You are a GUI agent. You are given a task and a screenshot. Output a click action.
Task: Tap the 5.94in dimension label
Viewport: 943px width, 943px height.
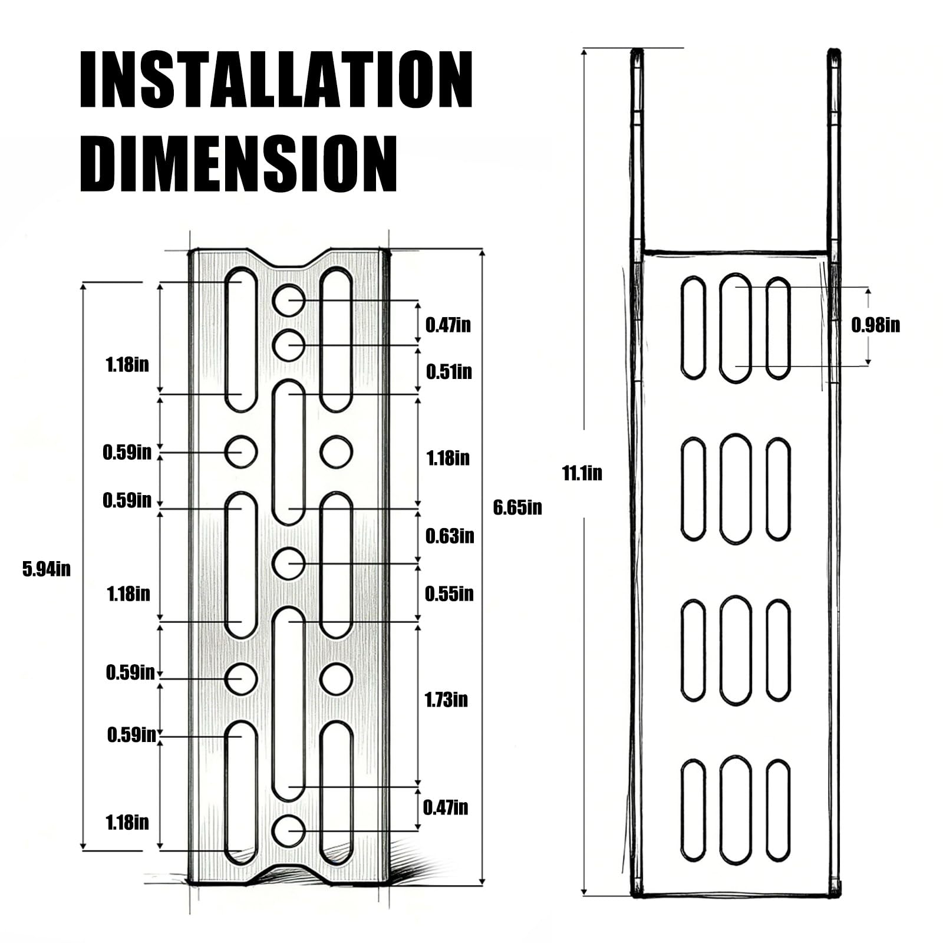[47, 569]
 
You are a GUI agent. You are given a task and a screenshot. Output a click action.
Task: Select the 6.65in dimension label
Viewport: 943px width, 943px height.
[517, 507]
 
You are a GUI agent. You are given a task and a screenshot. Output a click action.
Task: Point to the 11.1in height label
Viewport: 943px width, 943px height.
[582, 473]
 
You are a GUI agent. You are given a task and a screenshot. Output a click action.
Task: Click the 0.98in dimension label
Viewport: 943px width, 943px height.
[875, 325]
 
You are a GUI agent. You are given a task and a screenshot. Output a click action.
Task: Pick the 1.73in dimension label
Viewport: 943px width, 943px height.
[446, 700]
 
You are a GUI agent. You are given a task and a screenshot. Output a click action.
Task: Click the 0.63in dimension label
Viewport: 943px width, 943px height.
[449, 536]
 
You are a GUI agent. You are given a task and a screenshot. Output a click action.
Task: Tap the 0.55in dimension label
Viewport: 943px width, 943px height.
[449, 594]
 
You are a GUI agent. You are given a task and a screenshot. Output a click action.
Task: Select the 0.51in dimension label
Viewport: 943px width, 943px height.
[449, 372]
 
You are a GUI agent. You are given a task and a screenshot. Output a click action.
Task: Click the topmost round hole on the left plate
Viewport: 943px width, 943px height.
[289, 299]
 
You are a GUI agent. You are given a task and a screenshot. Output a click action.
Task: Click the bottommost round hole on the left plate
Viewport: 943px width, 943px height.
[289, 830]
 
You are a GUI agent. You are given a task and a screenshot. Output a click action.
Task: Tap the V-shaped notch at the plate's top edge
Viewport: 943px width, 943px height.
[289, 260]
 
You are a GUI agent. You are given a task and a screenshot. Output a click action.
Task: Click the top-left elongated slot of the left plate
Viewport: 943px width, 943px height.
[241, 339]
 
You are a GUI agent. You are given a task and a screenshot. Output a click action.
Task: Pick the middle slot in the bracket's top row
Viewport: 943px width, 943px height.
[736, 328]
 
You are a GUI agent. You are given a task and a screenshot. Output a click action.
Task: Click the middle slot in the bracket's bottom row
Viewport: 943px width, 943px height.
[736, 809]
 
